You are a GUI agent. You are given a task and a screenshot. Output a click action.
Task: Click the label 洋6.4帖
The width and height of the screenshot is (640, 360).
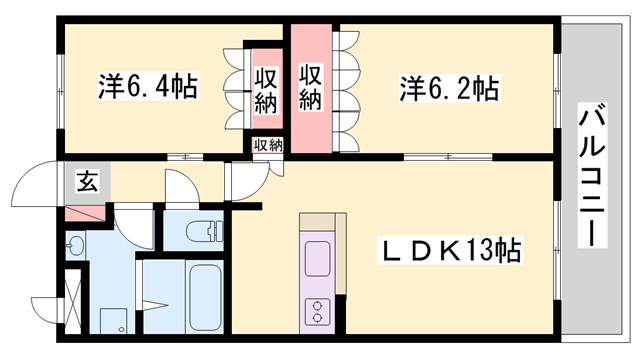[x=147, y=87]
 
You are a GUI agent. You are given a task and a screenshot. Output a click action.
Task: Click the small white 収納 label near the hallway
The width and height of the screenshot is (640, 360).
[x=267, y=145]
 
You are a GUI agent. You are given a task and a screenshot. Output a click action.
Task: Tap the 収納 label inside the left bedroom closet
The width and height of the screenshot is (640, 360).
[x=265, y=88]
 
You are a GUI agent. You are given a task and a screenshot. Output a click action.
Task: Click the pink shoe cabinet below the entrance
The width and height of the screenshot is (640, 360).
[x=84, y=213]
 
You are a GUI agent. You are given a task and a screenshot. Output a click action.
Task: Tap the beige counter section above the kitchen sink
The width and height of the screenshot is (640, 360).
[x=320, y=223]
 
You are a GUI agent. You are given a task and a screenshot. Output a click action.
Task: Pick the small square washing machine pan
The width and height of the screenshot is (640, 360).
[x=113, y=321]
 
